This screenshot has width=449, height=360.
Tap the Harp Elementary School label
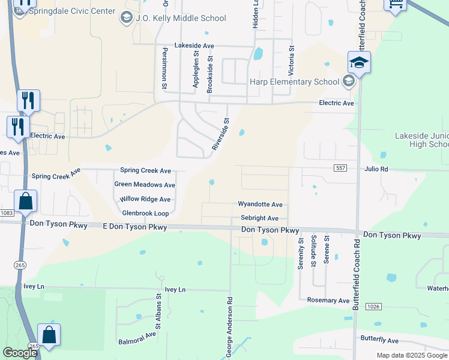[x=295, y=82]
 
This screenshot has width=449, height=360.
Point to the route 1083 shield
[x=7, y=213]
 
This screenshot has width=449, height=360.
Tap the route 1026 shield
[x=373, y=307]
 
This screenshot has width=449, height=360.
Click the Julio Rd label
[x=376, y=169]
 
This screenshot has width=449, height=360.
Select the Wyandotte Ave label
[x=260, y=205]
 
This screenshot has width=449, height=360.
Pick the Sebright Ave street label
[x=259, y=218]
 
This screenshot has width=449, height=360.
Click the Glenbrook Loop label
[x=145, y=213]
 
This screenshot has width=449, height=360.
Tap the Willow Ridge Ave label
[x=145, y=199]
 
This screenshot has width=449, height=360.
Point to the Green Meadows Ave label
[x=145, y=185]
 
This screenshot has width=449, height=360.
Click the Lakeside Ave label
[x=194, y=46]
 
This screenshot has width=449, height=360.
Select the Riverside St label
[x=220, y=134]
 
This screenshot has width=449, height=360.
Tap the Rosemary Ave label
[x=328, y=300]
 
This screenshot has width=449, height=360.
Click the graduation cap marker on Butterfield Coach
[x=358, y=62]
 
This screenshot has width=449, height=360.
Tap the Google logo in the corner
[x=20, y=353]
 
